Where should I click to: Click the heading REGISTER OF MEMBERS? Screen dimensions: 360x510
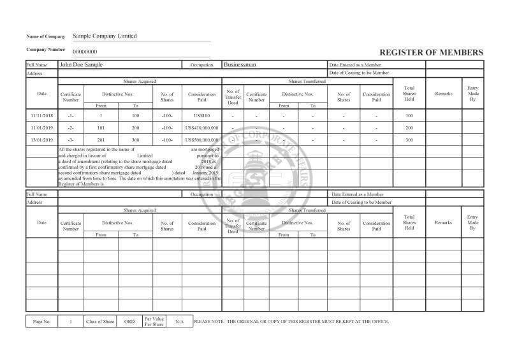(x=431, y=52)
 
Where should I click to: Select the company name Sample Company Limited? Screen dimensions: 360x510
(x=105, y=36)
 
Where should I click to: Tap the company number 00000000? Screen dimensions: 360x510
(x=85, y=52)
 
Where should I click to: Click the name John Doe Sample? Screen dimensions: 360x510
(x=81, y=65)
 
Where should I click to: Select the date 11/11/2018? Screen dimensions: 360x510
(x=42, y=115)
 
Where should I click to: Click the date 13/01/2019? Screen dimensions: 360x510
(x=42, y=140)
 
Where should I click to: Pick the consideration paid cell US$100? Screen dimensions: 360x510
(x=201, y=115)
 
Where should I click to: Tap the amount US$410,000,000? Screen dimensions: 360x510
(x=202, y=127)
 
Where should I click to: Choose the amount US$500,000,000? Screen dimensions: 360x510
(x=202, y=140)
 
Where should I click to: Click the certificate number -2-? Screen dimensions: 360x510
(x=71, y=127)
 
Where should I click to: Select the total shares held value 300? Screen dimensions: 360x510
(x=409, y=140)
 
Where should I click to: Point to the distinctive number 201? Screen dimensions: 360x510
(x=101, y=140)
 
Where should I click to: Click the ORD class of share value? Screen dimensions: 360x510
(x=129, y=322)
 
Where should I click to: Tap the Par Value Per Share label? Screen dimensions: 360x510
(x=154, y=322)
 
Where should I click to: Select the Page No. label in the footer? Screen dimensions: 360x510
(x=41, y=322)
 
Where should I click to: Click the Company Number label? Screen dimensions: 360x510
(x=46, y=50)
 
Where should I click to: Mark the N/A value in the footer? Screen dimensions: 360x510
(x=179, y=322)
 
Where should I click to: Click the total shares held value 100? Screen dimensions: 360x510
(x=409, y=115)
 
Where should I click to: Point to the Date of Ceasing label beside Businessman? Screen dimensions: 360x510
(x=360, y=73)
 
